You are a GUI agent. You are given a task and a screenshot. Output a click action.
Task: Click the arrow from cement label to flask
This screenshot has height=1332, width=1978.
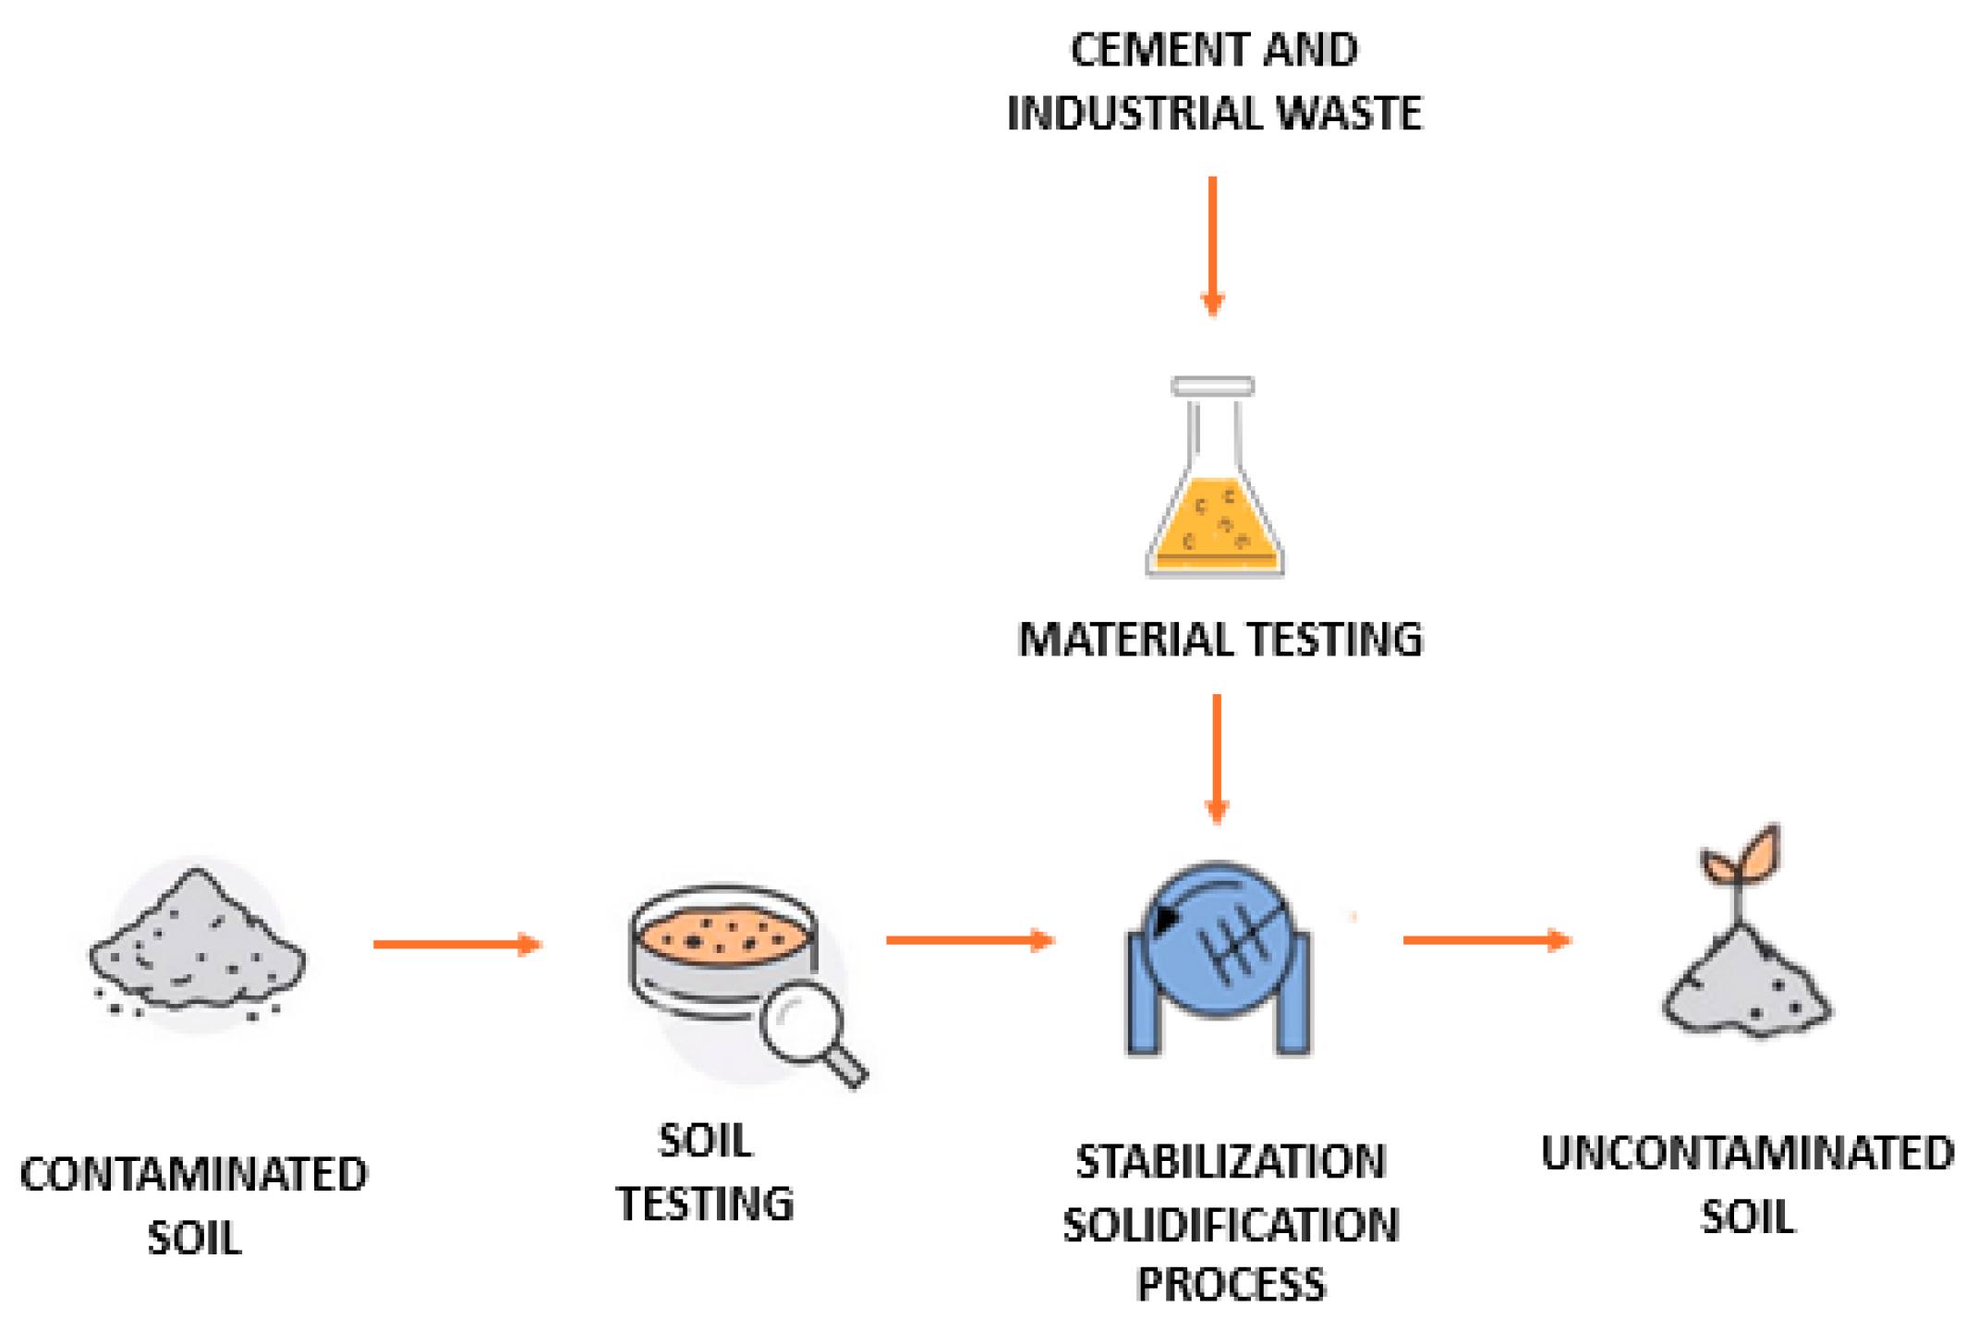[x=1212, y=246]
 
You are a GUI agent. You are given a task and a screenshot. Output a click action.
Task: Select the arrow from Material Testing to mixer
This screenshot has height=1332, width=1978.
[x=1217, y=758]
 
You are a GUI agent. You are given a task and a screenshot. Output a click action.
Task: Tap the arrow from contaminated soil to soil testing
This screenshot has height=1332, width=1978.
[x=457, y=944]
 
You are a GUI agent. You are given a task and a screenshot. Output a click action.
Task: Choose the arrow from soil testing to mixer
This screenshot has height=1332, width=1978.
[x=970, y=940]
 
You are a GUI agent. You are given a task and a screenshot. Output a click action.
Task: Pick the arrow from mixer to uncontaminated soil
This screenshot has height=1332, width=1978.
[x=1487, y=940]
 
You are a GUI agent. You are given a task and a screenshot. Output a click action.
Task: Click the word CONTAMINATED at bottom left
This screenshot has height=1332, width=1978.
[x=194, y=1175]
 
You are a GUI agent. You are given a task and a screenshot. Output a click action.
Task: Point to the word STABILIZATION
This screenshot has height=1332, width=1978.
[x=1231, y=1162]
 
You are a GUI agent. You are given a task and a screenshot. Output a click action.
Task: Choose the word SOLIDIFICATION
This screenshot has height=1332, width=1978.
[x=1231, y=1225]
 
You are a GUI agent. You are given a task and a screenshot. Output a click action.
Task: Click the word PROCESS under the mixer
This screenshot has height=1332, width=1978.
[x=1231, y=1285]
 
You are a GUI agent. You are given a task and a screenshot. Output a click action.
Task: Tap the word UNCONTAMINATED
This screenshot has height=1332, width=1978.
[x=1748, y=1154]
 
